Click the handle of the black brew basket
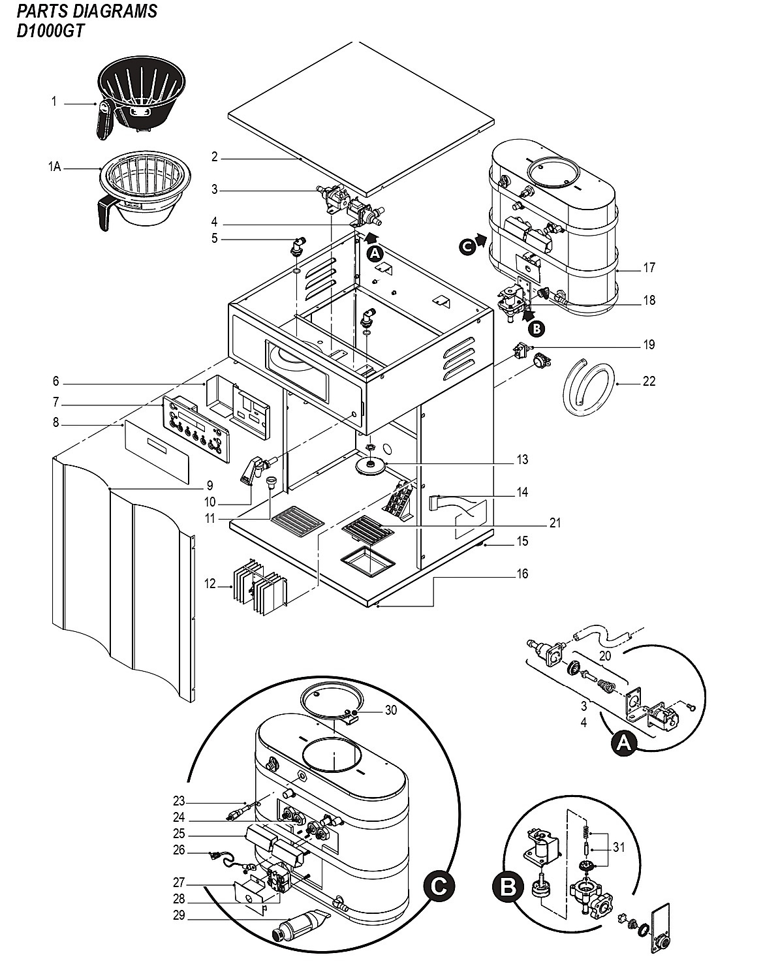104,120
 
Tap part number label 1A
55,166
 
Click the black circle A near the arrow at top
375,254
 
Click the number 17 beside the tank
649,268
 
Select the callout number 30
391,710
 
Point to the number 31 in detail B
619,847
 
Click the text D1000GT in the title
50,32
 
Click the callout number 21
555,523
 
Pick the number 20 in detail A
605,656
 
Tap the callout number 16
522,574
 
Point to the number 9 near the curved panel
210,486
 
